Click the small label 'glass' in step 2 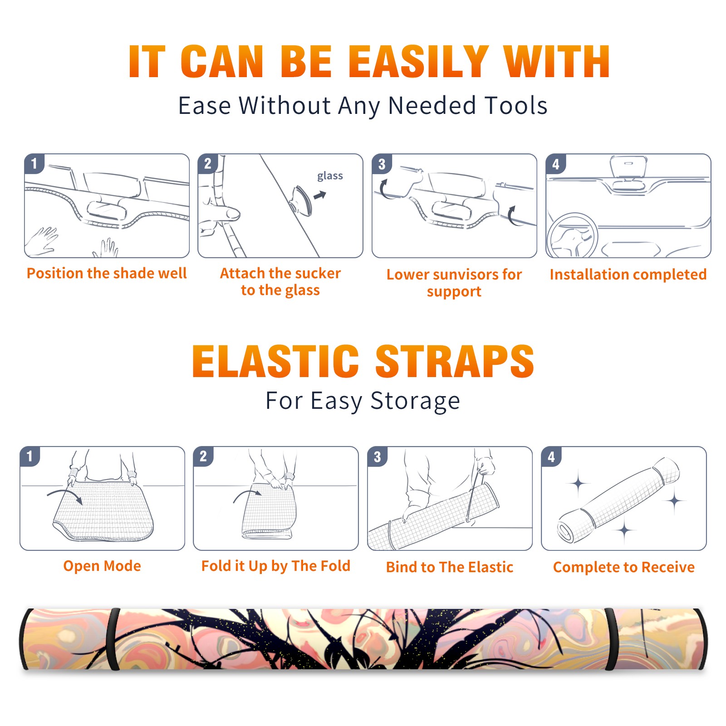pyautogui.click(x=330, y=176)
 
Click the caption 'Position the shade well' pyautogui.click(x=107, y=273)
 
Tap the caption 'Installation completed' pyautogui.click(x=628, y=275)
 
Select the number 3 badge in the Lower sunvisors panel pyautogui.click(x=382, y=164)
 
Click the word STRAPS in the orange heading pyautogui.click(x=454, y=361)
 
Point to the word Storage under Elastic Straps pyautogui.click(x=415, y=401)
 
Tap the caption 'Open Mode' pyautogui.click(x=102, y=566)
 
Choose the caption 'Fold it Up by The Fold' pyautogui.click(x=276, y=566)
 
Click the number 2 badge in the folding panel pyautogui.click(x=203, y=456)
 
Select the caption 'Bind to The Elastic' pyautogui.click(x=450, y=567)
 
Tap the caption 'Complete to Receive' pyautogui.click(x=624, y=567)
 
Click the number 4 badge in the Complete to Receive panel pyautogui.click(x=551, y=457)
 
